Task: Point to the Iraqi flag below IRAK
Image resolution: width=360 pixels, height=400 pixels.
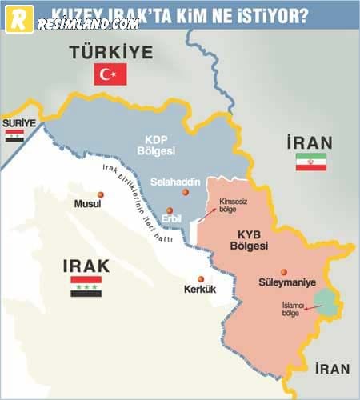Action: (86, 286)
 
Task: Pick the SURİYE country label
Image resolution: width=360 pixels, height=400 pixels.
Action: (19, 123)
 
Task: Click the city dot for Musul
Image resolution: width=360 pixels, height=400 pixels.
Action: (101, 194)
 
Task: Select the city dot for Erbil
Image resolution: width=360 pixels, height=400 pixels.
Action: (170, 210)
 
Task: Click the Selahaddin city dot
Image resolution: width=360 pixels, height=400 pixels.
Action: (186, 192)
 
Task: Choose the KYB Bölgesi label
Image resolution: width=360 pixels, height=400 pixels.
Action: (252, 240)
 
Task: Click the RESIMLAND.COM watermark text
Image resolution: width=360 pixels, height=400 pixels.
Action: (89, 24)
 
